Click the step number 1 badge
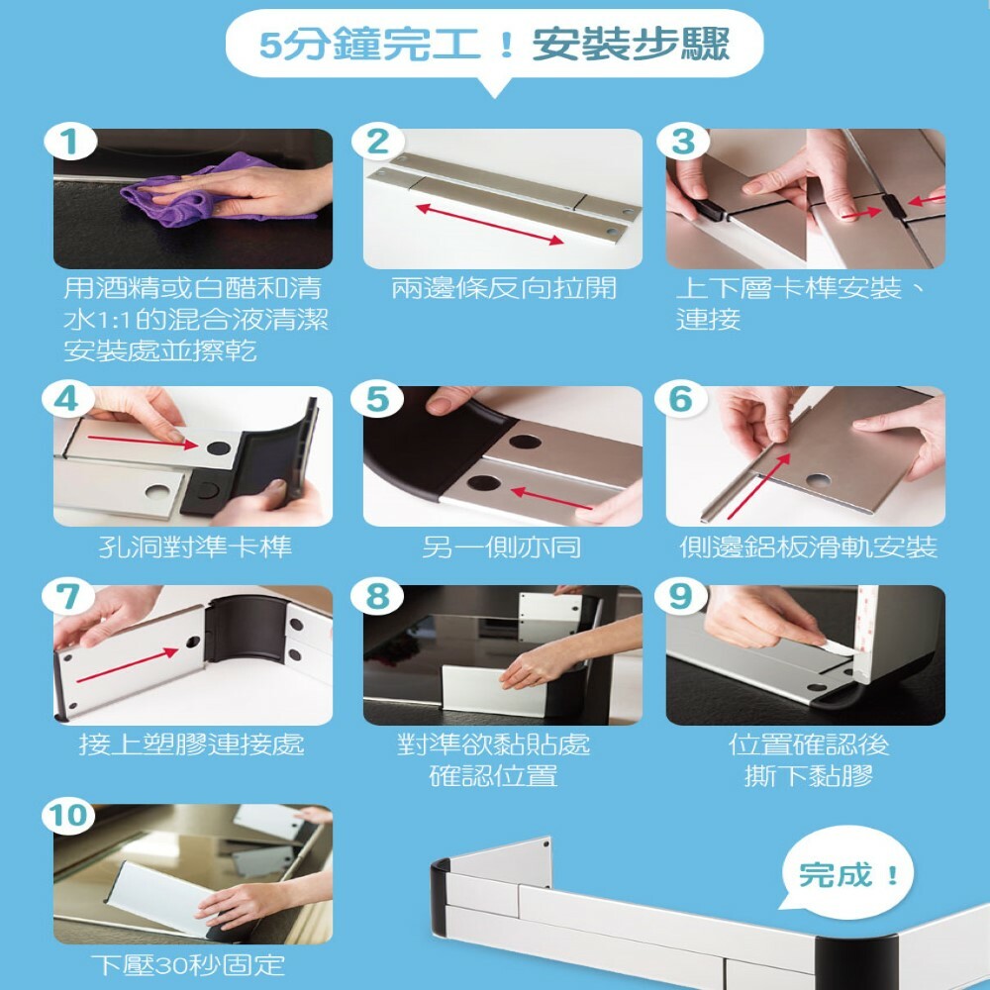click(70, 142)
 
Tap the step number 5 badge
click(377, 399)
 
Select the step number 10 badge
click(69, 816)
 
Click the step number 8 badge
click(377, 597)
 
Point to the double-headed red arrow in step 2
click(490, 224)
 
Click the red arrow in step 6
click(759, 486)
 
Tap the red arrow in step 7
click(127, 665)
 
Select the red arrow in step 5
click(551, 498)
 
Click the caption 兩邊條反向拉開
click(503, 289)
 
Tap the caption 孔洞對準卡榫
click(195, 546)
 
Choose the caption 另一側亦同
click(501, 546)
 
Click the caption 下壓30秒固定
click(187, 965)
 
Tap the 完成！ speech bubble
click(846, 873)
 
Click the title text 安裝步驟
click(631, 45)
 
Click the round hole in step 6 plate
click(818, 481)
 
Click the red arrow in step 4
click(143, 442)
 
